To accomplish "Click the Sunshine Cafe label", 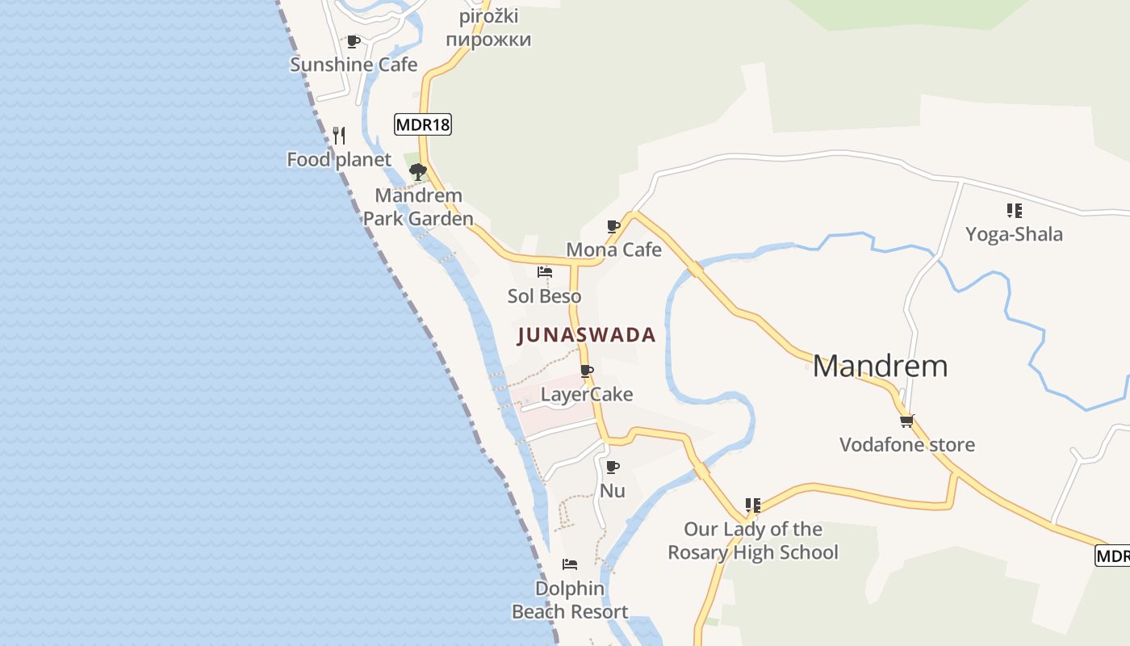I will [x=354, y=65].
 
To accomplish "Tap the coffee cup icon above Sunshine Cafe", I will [x=353, y=41].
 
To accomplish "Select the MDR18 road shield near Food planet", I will [x=423, y=124].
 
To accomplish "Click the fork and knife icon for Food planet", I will [x=339, y=136].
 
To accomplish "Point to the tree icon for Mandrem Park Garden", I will [x=417, y=171].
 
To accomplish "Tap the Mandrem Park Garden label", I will [x=418, y=207].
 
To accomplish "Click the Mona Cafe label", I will [x=613, y=250].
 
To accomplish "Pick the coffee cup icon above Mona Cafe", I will [x=613, y=226].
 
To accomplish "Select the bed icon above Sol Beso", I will [x=545, y=273].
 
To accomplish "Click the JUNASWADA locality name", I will [x=586, y=335].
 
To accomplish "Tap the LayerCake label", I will [x=587, y=394].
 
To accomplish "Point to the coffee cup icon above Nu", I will [x=613, y=467].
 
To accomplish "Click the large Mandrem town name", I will [x=880, y=366].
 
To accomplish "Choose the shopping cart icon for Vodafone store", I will [x=907, y=421].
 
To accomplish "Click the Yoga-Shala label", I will [x=1015, y=234].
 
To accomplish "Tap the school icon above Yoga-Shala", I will [x=1015, y=211].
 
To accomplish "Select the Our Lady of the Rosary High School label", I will [x=753, y=541].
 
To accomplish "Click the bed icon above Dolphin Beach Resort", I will [x=570, y=564].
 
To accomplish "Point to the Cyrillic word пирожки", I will [x=488, y=40].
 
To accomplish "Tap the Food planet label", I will [x=339, y=160].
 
